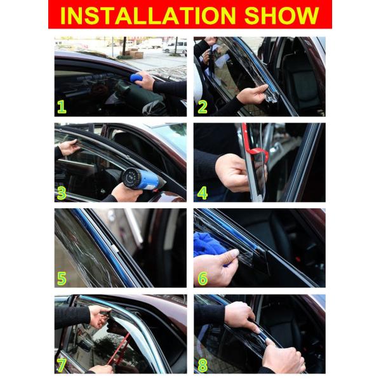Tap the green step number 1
62,107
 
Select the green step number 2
203,107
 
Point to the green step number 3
62,192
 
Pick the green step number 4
203,192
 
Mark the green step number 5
62,278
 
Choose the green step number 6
203,278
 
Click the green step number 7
62,364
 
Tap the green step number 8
203,364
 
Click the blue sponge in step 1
136,79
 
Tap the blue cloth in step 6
210,244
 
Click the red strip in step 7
121,348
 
